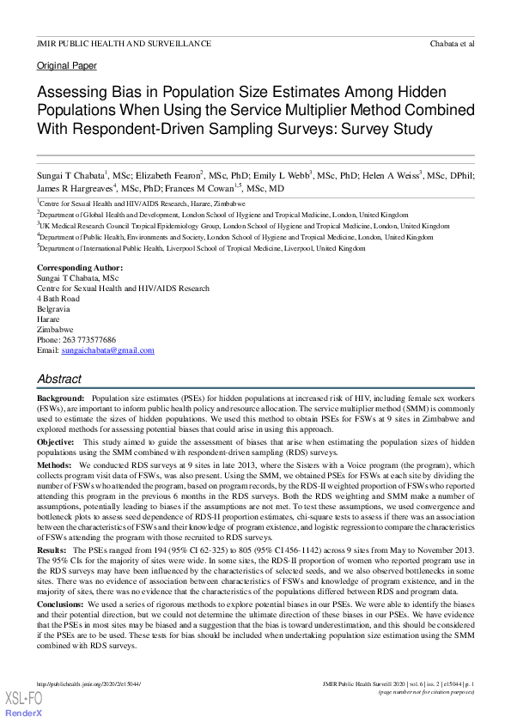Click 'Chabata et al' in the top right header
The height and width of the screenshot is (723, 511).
(x=452, y=43)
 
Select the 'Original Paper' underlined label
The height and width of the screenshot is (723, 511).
(x=67, y=66)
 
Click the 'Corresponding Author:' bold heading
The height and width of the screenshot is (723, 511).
(x=80, y=268)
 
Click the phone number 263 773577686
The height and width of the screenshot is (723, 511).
(x=89, y=340)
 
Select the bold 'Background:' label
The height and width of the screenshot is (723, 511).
(x=60, y=400)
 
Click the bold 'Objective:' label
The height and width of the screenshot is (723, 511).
(x=56, y=441)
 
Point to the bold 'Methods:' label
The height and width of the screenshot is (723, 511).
(x=54, y=465)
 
